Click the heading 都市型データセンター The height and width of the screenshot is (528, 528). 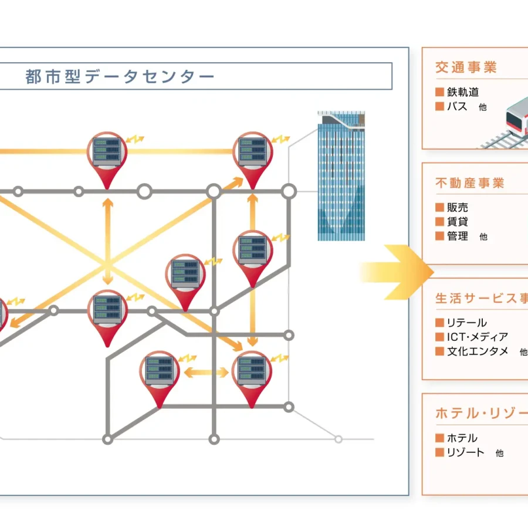click(x=120, y=77)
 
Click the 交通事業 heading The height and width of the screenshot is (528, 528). click(x=466, y=67)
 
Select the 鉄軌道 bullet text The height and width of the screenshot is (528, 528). click(x=463, y=92)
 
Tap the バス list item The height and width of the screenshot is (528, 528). click(x=457, y=107)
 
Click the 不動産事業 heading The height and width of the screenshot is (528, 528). click(x=470, y=183)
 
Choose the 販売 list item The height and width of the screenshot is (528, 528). click(x=458, y=208)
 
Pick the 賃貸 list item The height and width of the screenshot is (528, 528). click(x=458, y=222)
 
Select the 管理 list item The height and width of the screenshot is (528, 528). click(x=458, y=236)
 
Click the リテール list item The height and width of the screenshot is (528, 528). click(x=467, y=323)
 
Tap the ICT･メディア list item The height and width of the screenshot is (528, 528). click(x=477, y=337)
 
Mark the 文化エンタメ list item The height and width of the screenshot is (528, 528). click(x=478, y=351)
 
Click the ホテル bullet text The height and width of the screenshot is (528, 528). click(x=462, y=438)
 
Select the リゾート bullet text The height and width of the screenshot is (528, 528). click(x=466, y=452)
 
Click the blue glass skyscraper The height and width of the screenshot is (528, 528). click(x=341, y=176)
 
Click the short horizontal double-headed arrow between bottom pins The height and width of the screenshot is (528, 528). click(x=207, y=372)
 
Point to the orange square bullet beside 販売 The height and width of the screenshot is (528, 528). click(x=439, y=208)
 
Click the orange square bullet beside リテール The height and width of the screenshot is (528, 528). click(x=439, y=323)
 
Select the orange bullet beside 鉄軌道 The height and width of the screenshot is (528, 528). click(x=439, y=92)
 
